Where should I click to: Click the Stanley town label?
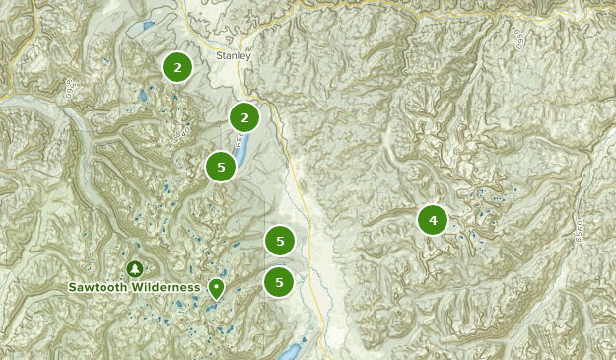[234, 56]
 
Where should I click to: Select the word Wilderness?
[169, 287]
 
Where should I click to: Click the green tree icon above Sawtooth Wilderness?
[135, 268]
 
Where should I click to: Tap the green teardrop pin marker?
[216, 287]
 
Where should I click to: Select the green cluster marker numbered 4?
[432, 219]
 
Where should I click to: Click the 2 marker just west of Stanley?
[177, 67]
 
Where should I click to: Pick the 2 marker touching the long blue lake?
[243, 117]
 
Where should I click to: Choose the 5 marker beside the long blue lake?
[221, 167]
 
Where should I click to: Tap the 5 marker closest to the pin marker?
[280, 282]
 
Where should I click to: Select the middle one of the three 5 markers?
[280, 240]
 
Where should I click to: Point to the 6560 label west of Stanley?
[70, 88]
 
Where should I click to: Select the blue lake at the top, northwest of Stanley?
[149, 25]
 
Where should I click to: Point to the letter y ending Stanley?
[248, 57]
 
